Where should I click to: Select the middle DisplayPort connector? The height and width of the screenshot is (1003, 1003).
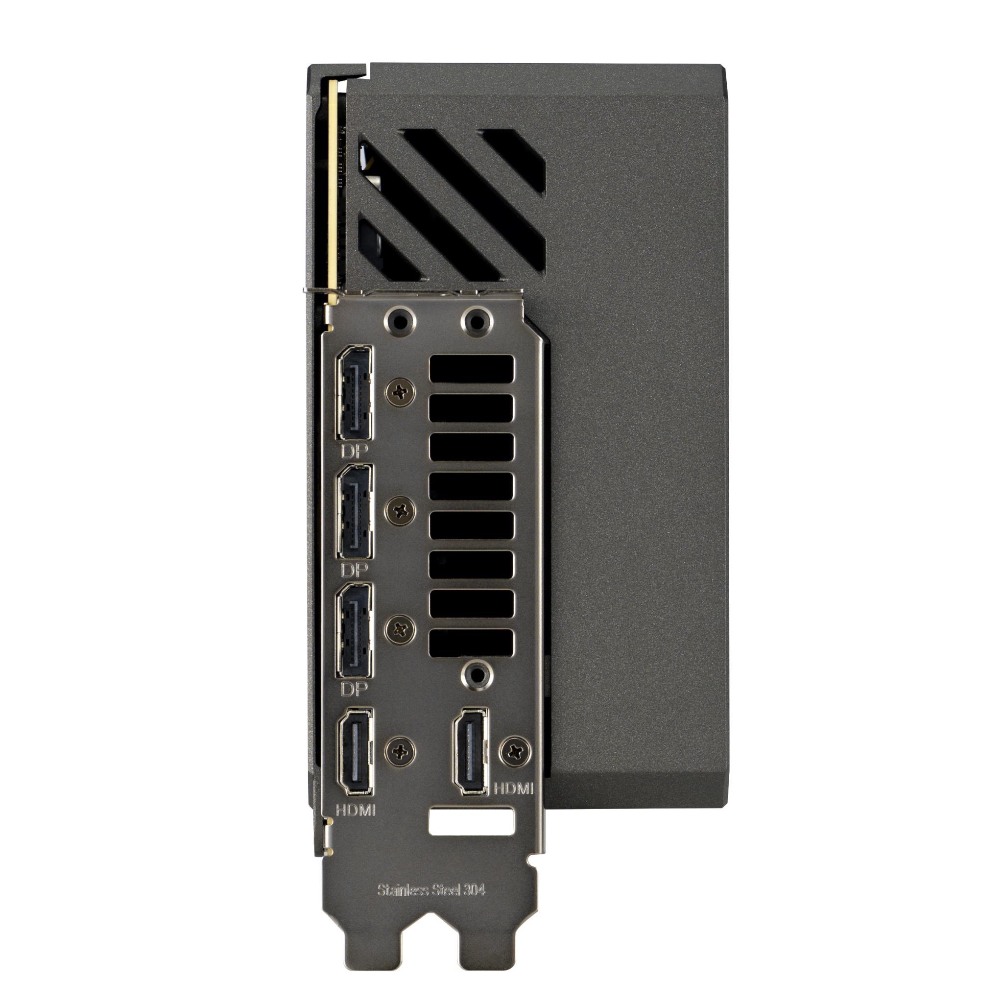[x=355, y=512]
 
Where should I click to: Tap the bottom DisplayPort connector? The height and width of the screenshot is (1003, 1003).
[x=355, y=630]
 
